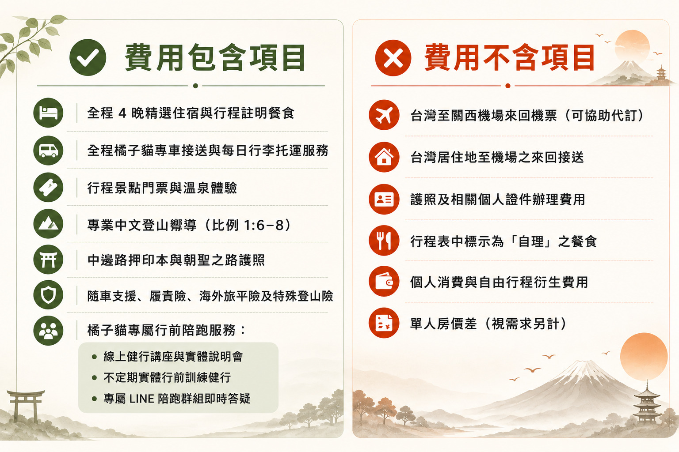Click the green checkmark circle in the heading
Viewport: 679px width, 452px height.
click(88, 57)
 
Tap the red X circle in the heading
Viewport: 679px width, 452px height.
click(393, 58)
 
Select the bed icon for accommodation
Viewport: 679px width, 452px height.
click(48, 113)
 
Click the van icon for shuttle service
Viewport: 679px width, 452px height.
click(48, 151)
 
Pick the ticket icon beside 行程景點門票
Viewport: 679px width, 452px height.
click(48, 188)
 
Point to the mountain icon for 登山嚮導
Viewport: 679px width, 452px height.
click(48, 224)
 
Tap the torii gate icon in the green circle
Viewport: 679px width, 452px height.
click(48, 260)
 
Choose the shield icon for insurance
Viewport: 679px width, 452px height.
click(48, 295)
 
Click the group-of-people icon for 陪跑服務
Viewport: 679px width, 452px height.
click(48, 331)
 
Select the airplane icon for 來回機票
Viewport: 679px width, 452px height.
click(384, 115)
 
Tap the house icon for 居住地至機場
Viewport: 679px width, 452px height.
click(384, 157)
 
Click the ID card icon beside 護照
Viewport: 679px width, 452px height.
click(384, 199)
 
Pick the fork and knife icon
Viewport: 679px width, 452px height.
click(384, 241)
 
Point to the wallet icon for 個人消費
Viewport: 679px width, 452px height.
click(384, 282)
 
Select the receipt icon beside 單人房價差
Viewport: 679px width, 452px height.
click(384, 323)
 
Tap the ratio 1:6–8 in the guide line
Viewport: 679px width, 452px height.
click(263, 225)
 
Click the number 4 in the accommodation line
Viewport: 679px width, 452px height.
click(122, 113)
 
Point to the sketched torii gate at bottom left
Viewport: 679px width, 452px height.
click(26, 406)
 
